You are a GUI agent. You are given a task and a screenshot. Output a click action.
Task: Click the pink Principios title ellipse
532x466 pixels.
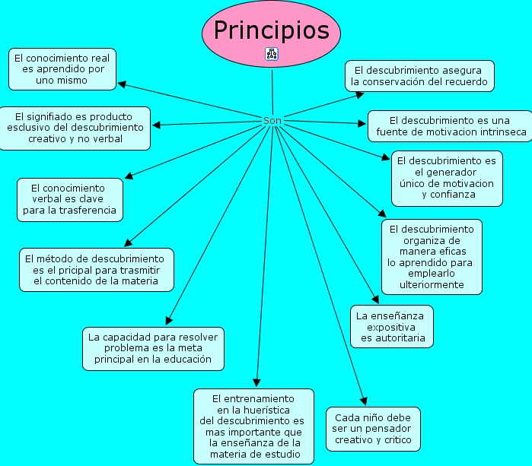271,30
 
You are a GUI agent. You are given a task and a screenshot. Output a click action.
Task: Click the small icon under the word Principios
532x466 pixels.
272,53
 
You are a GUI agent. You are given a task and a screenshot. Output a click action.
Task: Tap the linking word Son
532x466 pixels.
272,121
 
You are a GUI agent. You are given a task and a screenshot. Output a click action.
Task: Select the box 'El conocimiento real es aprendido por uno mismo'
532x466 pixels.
62,68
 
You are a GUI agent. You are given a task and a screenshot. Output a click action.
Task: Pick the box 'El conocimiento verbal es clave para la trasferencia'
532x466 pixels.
70,199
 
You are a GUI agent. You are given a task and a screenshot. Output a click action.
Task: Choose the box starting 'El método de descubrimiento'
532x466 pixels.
96,269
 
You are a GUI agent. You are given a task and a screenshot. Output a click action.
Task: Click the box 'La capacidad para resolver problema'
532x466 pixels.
153,348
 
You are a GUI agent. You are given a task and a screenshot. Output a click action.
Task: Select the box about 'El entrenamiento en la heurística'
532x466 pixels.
253,426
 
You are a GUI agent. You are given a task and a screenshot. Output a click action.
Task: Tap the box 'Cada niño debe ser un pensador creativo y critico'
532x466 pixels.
372,429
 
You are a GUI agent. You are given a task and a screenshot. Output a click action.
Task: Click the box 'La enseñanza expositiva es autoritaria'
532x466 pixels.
391,326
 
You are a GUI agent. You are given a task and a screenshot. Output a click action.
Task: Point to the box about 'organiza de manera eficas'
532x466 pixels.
432,256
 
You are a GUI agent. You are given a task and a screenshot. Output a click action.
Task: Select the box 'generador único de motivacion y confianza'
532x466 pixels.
447,178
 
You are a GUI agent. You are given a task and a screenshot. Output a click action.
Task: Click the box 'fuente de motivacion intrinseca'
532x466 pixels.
450,126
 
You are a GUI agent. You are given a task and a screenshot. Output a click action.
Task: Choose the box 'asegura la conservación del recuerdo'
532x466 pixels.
419,76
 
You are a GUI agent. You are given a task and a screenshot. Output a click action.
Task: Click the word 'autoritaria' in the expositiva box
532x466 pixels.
393,338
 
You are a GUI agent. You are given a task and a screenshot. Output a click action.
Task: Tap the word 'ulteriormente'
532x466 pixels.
432,284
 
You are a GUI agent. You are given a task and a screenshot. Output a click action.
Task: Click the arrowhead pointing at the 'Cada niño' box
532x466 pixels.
364,403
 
